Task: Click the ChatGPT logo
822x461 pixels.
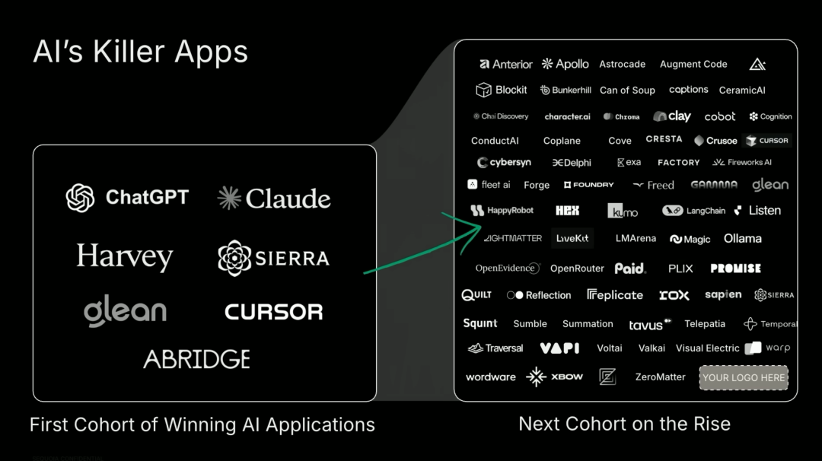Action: [x=127, y=198]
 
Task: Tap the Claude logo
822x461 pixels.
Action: [x=274, y=199]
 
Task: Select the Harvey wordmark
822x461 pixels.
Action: [x=125, y=257]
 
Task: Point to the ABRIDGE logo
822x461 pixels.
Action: [x=196, y=358]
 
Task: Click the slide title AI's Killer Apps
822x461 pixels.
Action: [x=141, y=52]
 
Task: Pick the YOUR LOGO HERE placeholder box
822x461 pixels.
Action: [x=744, y=377]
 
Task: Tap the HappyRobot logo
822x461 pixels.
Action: [x=502, y=211]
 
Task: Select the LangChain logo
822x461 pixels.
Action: [x=694, y=211]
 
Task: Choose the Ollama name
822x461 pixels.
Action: [x=743, y=239]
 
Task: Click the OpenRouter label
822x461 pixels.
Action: [x=577, y=269]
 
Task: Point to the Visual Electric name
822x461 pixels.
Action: [x=707, y=348]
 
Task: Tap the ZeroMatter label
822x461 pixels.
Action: [x=660, y=377]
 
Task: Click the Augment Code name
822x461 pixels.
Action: [x=693, y=65]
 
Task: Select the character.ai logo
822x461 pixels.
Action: [x=567, y=117]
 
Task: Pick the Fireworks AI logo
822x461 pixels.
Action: [x=742, y=163]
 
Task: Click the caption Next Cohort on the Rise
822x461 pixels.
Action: [x=624, y=424]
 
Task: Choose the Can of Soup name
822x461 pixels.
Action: [x=627, y=91]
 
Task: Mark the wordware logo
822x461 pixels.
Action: [x=491, y=377]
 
